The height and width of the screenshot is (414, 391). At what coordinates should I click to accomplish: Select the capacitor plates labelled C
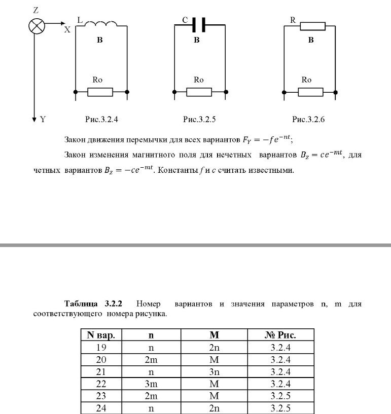(x=199, y=24)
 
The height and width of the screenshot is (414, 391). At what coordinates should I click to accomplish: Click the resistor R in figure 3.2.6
(x=312, y=26)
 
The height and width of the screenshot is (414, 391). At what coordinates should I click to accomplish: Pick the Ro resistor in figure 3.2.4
(x=100, y=92)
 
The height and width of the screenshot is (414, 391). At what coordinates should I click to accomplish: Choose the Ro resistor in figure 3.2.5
(x=199, y=92)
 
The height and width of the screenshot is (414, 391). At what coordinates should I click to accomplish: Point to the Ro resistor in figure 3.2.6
(x=310, y=92)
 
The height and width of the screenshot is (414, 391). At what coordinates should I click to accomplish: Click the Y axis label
(x=43, y=120)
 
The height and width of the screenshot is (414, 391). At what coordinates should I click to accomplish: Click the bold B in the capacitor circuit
(x=197, y=40)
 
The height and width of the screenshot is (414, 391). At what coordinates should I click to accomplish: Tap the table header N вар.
(x=101, y=335)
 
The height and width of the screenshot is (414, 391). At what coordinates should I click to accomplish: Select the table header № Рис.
(x=280, y=335)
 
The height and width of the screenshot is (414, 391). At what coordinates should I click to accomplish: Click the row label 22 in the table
(x=101, y=384)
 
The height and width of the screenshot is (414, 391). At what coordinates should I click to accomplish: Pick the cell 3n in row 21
(x=214, y=372)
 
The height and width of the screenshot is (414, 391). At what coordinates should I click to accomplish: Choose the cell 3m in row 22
(x=151, y=384)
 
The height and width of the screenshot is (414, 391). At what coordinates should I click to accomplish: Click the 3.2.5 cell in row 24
(x=280, y=408)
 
